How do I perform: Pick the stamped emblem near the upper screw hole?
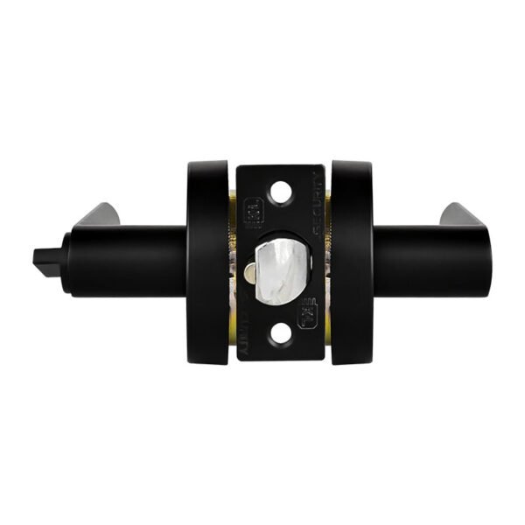[x=250, y=211]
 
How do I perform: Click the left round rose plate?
[x=206, y=262]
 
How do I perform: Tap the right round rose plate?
[x=352, y=262]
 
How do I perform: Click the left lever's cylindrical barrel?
[x=131, y=261]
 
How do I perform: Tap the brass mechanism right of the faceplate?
[x=328, y=262]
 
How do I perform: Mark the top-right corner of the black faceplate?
[x=322, y=166]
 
